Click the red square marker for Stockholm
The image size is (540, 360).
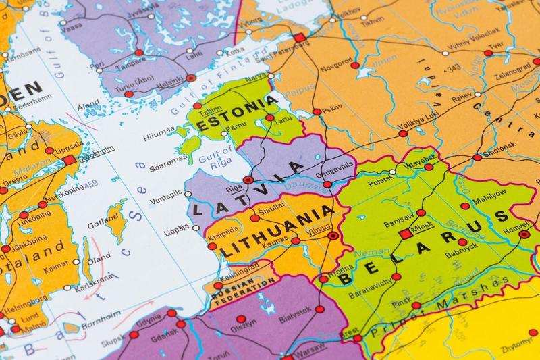[x=71, y=159]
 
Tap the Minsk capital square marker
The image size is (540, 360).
[x=406, y=234]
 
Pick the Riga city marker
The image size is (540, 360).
[x=248, y=180]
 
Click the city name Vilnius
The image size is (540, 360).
[x=317, y=230]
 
